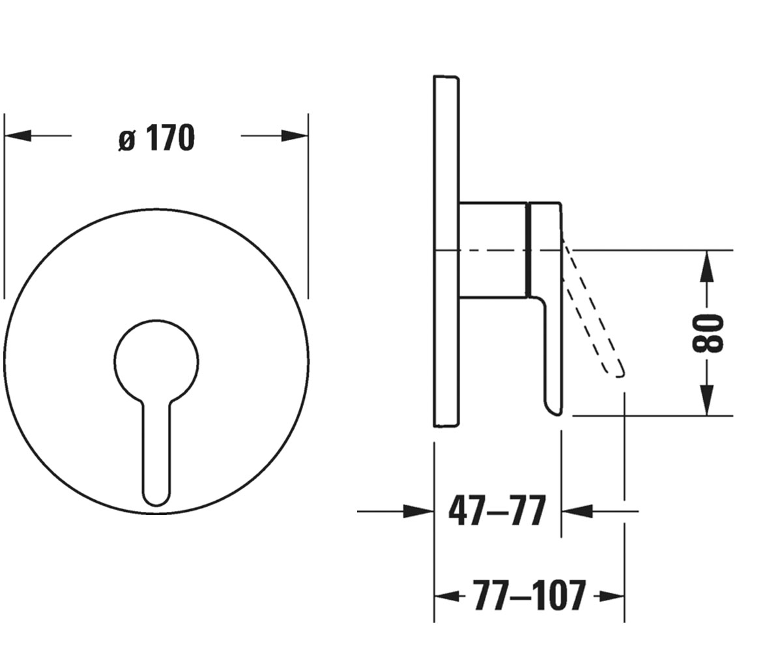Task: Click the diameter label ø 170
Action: pos(156,138)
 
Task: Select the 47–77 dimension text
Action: pos(497,511)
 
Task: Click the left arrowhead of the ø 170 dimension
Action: pos(17,136)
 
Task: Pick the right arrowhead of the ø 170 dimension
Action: pos(295,136)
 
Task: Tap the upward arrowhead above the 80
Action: pos(706,265)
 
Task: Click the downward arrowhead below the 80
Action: pos(706,400)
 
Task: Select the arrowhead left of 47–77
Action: pos(419,511)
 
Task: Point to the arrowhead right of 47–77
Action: pos(577,511)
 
